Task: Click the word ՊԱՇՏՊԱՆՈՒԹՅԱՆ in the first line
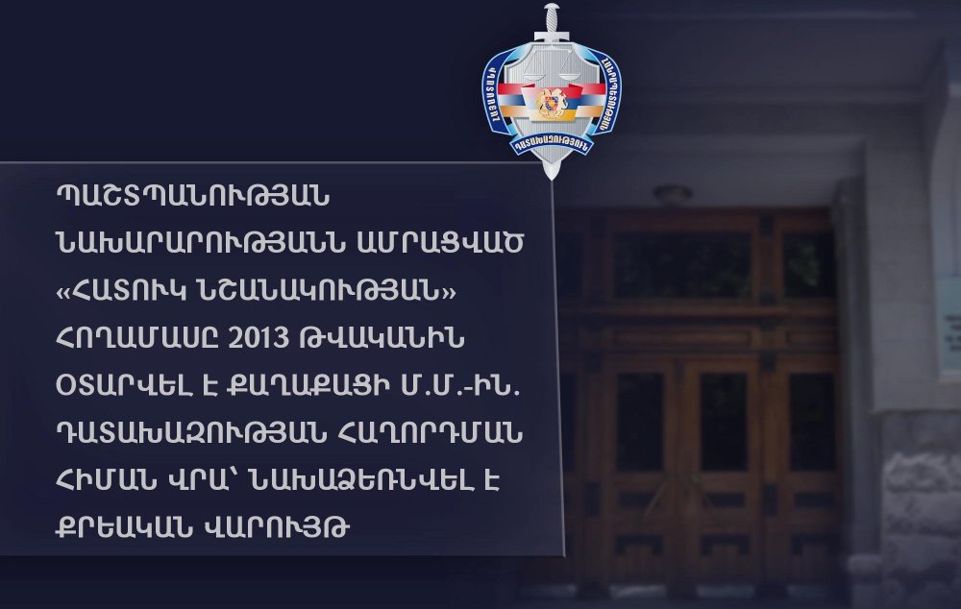(192, 196)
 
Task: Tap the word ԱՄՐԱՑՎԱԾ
(440, 243)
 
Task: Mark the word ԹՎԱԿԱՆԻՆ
(380, 338)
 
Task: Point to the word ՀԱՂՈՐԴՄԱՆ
(429, 433)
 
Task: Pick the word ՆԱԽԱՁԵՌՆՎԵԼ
(361, 480)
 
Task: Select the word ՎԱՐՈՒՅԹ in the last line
(272, 527)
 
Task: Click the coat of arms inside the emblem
(551, 103)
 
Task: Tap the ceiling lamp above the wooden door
(673, 194)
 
